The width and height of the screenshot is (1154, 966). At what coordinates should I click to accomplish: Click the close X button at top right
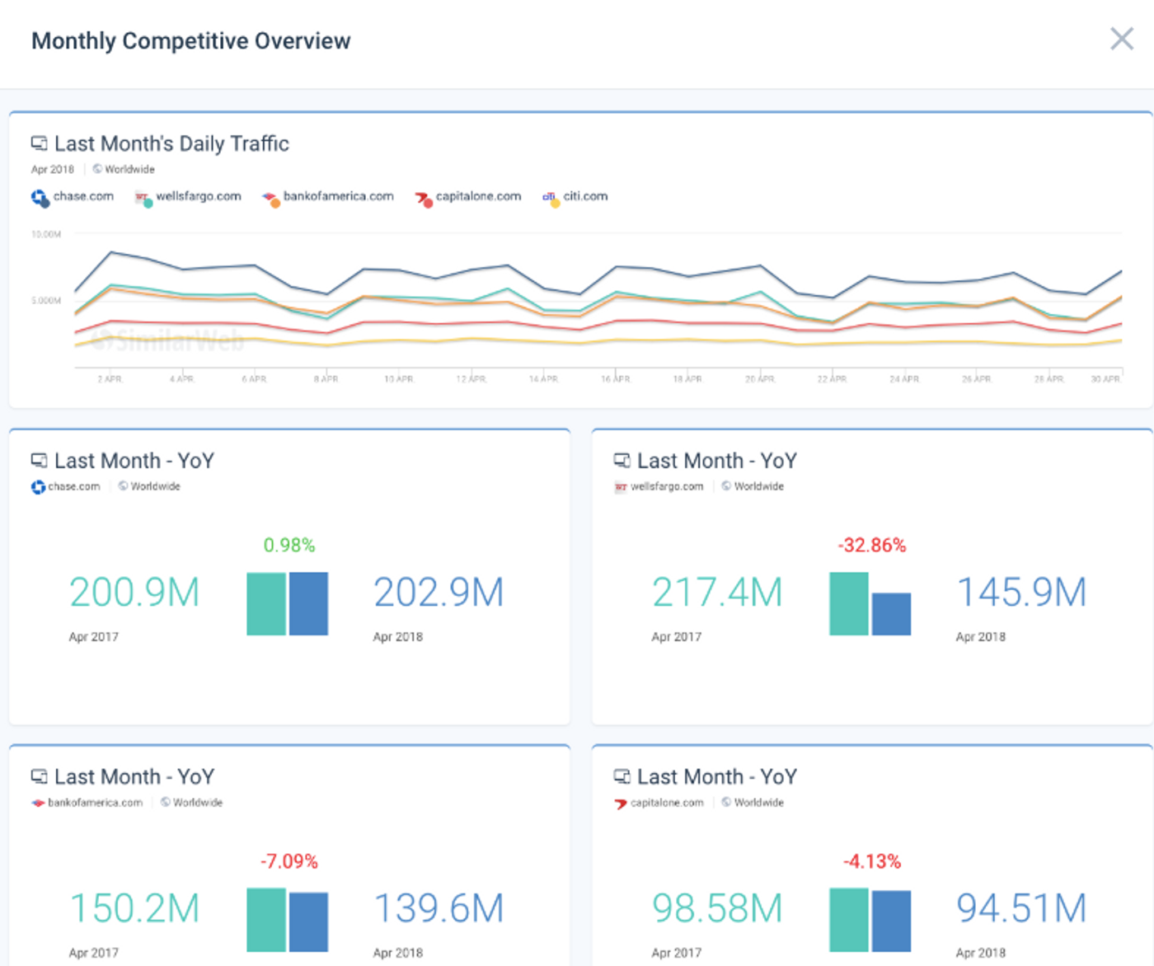[x=1121, y=39]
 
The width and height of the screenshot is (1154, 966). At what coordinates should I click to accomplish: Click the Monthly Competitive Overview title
[x=190, y=41]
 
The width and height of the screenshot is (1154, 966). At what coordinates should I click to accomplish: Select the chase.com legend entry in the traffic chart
[x=82, y=197]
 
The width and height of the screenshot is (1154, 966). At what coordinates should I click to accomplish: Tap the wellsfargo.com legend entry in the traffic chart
[x=198, y=197]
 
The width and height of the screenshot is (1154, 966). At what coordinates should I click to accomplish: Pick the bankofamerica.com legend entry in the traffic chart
[x=338, y=197]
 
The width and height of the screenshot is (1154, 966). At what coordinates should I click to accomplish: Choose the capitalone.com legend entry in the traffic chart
[x=478, y=197]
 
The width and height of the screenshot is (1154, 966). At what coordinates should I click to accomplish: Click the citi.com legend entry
[x=584, y=197]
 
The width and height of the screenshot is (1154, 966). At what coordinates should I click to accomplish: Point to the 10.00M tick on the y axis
[x=46, y=235]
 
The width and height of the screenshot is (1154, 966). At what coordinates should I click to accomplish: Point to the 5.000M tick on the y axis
[x=46, y=301]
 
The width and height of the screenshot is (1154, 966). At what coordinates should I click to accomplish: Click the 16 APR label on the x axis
[x=615, y=379]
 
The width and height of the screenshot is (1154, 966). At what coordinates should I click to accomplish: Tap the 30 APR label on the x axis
[x=1105, y=379]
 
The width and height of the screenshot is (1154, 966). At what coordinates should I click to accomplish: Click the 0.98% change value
[x=288, y=546]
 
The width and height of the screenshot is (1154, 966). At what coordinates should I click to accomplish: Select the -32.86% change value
[x=871, y=546]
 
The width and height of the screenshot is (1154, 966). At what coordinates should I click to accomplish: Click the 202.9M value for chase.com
[x=439, y=593]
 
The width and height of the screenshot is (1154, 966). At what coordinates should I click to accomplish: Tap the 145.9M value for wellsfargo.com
[x=1021, y=593]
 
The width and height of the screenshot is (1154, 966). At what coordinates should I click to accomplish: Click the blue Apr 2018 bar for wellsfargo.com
[x=891, y=614]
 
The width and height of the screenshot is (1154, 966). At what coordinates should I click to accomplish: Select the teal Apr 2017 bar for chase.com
[x=266, y=603]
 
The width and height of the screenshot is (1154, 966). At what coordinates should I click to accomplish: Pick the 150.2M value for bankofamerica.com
[x=134, y=909]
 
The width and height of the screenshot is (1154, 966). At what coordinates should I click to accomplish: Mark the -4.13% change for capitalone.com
[x=871, y=862]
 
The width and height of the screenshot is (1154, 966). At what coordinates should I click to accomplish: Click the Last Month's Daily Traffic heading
[x=171, y=144]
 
